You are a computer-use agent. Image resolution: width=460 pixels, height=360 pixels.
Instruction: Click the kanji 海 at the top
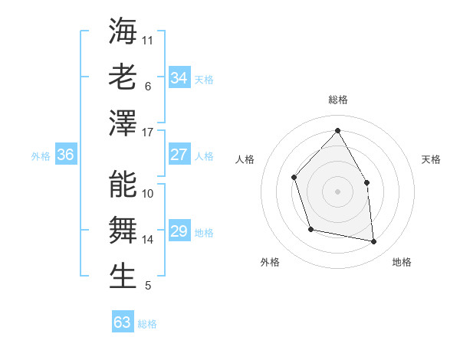tap(123, 31)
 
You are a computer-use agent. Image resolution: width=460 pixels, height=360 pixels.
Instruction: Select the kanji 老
tap(123, 77)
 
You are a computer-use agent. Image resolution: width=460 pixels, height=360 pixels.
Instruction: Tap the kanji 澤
tap(123, 123)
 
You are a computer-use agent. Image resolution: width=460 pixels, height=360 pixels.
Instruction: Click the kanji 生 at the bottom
tap(123, 277)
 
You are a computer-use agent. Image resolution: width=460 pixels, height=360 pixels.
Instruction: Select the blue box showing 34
tap(179, 78)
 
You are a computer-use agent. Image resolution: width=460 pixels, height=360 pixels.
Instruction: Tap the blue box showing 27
tap(179, 155)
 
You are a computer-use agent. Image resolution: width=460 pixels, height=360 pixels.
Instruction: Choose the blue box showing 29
tap(179, 231)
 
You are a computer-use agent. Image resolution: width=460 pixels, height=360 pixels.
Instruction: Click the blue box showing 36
tap(65, 155)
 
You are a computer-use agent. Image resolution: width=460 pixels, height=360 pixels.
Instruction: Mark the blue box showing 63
tap(123, 322)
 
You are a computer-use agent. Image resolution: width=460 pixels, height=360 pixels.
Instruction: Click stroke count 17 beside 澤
tap(148, 133)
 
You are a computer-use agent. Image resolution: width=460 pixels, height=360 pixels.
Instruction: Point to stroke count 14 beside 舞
tap(148, 240)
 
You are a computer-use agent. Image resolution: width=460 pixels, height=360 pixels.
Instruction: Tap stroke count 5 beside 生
tap(148, 286)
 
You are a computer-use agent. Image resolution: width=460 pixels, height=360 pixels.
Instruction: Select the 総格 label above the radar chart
tap(337, 100)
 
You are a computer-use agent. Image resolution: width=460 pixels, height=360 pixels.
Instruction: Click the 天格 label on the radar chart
tap(431, 159)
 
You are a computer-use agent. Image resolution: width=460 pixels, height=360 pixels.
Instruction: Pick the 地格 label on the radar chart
tap(402, 262)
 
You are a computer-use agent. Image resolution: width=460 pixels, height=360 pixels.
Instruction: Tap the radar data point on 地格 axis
tap(374, 242)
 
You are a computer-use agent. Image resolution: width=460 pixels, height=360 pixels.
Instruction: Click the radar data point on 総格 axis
tap(337, 129)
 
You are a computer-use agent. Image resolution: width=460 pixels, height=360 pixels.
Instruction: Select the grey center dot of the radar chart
tap(337, 191)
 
